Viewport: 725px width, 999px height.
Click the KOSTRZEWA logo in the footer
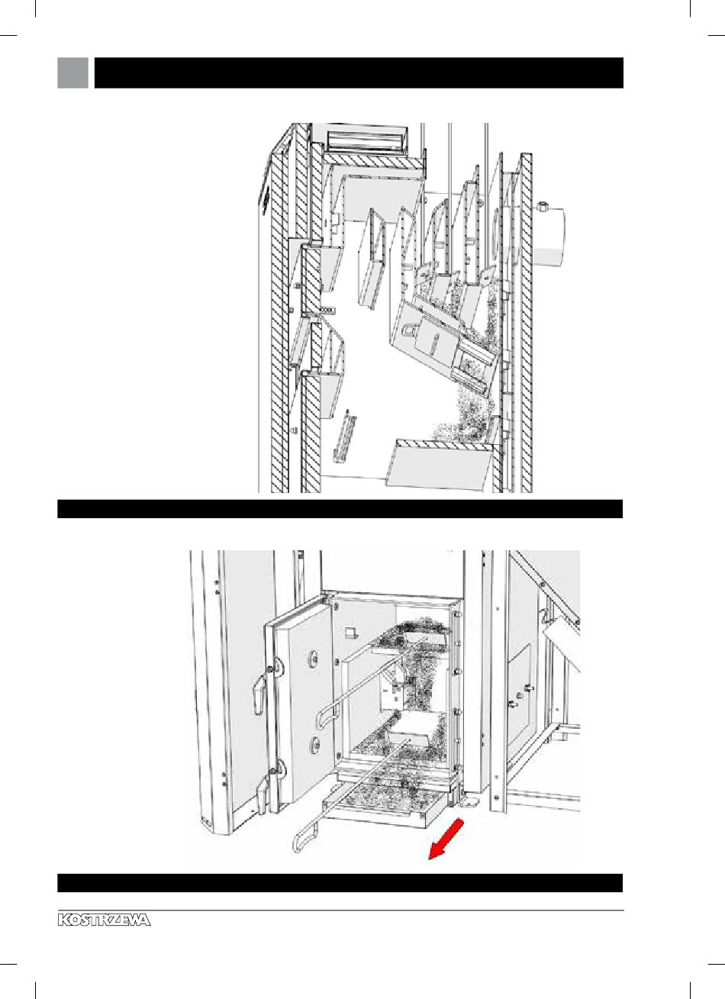pos(104,920)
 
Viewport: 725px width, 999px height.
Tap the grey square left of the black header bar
pos(73,73)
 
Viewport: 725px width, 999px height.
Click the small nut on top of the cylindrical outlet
pos(542,207)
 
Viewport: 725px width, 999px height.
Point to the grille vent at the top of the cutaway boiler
pos(367,141)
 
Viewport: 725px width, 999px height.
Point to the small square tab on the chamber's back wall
pos(350,633)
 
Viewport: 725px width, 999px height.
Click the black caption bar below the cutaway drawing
pos(340,509)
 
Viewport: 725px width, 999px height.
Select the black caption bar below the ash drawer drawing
pos(340,883)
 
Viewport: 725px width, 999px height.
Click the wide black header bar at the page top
pos(359,73)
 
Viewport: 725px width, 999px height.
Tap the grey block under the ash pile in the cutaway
pos(439,464)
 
